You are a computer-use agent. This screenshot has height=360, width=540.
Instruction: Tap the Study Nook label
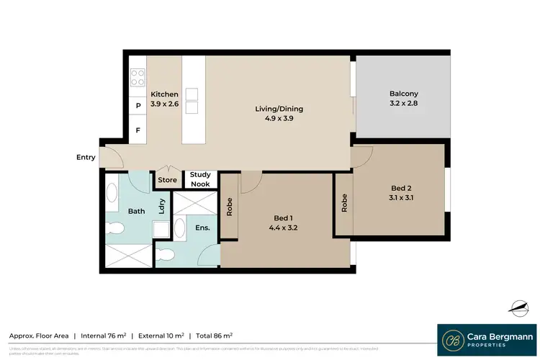click(200, 179)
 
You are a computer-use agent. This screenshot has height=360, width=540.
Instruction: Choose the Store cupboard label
click(168, 180)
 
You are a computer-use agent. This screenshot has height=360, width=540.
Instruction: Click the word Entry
click(86, 157)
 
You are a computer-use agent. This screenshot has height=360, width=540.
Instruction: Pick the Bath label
click(137, 212)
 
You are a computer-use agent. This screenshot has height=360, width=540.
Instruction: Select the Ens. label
click(202, 228)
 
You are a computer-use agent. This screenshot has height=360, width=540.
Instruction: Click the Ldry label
click(162, 204)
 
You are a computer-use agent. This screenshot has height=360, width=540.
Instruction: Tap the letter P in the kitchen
click(138, 106)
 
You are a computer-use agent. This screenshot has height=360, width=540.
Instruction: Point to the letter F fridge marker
click(138, 130)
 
